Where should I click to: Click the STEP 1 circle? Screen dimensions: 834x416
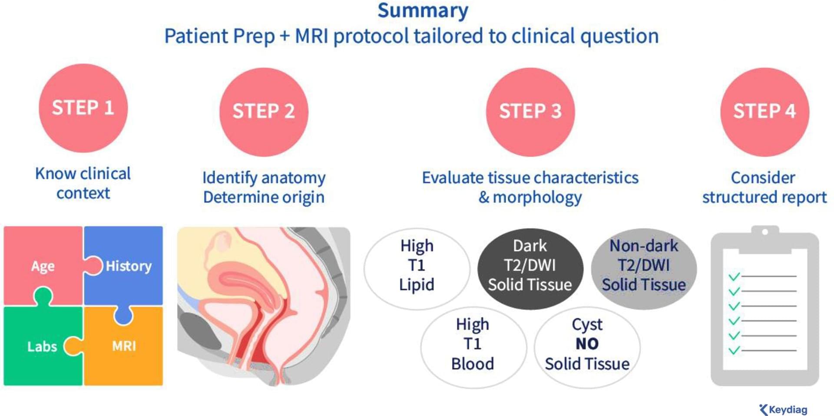click(83, 108)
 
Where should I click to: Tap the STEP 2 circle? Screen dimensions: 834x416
click(264, 112)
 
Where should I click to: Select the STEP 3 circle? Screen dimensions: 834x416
click(530, 112)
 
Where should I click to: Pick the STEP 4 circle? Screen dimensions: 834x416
click(764, 112)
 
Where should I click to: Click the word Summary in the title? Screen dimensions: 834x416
click(423, 11)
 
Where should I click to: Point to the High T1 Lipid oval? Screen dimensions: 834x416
click(417, 269)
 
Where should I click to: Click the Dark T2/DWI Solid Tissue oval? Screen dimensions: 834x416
click(530, 269)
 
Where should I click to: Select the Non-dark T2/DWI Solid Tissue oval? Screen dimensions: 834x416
click(644, 269)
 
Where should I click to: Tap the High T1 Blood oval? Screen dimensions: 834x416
click(473, 347)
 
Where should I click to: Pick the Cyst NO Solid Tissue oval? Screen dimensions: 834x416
click(587, 347)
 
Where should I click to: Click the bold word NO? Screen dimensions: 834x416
click(587, 344)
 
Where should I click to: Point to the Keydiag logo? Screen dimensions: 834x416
click(783, 409)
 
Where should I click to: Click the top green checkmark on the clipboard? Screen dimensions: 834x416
click(734, 276)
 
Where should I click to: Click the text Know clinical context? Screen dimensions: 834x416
click(83, 183)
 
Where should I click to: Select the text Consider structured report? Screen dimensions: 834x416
click(764, 187)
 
